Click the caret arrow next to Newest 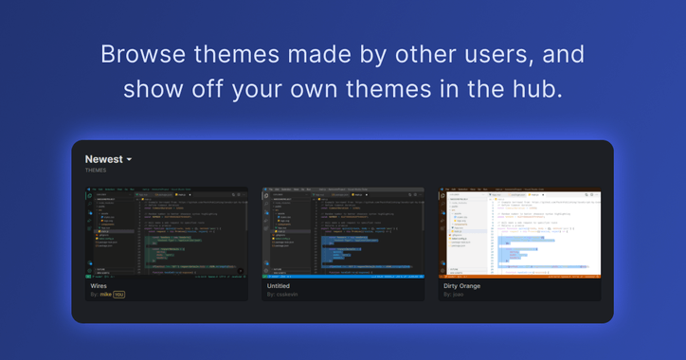(129, 160)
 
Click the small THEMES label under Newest (96, 171)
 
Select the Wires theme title (99, 285)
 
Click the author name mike (106, 295)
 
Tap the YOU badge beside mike (119, 295)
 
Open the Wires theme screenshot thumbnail (166, 231)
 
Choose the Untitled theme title (279, 285)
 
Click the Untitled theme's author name (286, 295)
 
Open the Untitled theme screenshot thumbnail (343, 231)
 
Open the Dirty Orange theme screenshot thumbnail (519, 231)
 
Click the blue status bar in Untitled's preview (343, 276)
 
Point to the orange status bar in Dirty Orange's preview (519, 276)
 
